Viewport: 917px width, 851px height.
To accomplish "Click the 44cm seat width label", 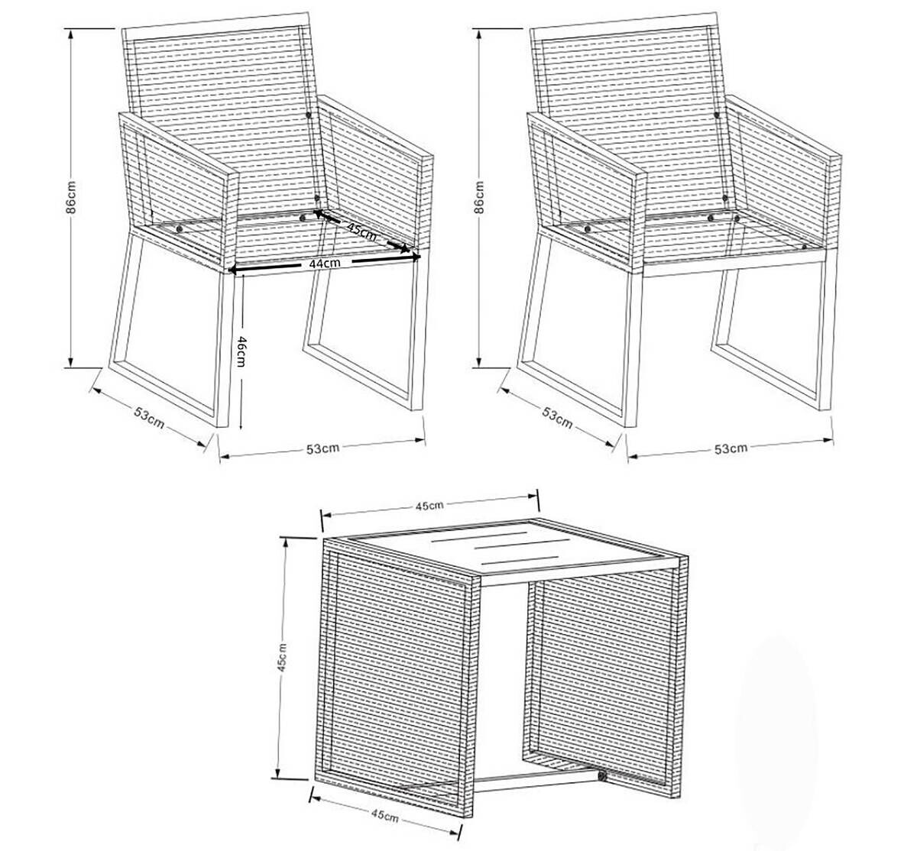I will coord(324,263).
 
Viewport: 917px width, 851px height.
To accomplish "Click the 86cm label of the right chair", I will coord(478,198).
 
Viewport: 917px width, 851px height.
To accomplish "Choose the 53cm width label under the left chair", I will coord(322,448).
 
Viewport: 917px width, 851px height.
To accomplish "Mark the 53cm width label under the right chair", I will coord(731,448).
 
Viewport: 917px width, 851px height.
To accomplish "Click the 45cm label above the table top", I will coord(429,505).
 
